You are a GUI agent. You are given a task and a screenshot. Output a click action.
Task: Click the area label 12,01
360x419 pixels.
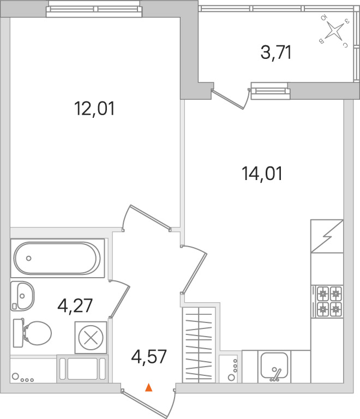(x=94, y=109)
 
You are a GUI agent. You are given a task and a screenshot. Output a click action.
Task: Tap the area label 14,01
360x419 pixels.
(x=262, y=173)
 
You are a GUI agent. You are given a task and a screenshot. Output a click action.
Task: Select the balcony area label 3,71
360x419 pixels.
(x=276, y=52)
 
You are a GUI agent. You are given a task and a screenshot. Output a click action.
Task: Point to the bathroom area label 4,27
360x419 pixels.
(x=75, y=306)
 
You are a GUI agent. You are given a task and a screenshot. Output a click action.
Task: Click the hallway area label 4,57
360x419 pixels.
(x=149, y=356)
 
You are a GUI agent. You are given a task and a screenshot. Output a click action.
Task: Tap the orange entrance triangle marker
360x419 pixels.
(x=149, y=387)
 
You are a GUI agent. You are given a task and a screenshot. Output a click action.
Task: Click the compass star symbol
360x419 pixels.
(x=334, y=30)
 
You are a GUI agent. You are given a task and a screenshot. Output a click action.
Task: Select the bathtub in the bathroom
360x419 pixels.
(x=57, y=258)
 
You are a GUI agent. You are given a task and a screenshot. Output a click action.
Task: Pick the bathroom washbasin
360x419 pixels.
(x=22, y=296)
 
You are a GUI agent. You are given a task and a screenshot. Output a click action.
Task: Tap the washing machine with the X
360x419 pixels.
(x=91, y=338)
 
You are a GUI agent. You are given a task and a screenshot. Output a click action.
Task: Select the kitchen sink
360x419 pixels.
(x=274, y=366)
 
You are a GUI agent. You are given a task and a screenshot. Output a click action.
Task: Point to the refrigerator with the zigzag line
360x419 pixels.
(x=327, y=236)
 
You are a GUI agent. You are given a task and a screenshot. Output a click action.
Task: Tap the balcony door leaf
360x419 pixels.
(x=227, y=100)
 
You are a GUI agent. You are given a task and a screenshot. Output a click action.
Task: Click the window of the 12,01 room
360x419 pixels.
(x=94, y=9)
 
